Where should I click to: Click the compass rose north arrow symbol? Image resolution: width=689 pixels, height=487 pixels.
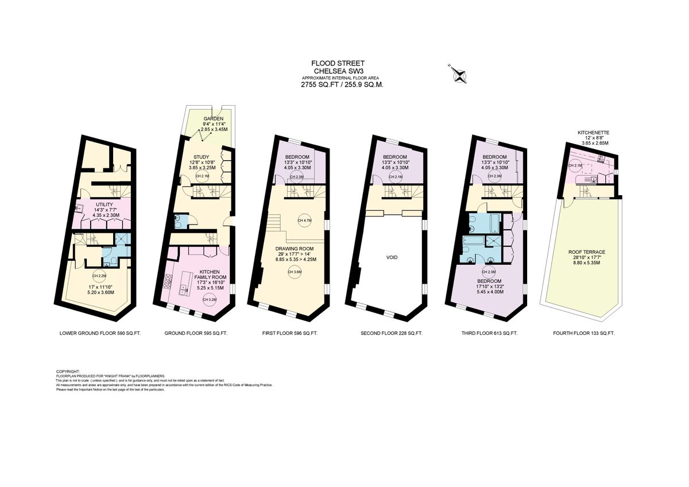[458, 73]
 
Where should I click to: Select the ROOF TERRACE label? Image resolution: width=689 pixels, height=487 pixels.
[586, 252]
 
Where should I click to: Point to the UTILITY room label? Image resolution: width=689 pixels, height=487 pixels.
[104, 204]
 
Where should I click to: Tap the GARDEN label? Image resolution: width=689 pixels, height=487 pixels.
[213, 118]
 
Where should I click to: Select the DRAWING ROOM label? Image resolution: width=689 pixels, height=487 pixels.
[295, 248]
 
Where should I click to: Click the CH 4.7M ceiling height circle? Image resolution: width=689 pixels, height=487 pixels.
[303, 221]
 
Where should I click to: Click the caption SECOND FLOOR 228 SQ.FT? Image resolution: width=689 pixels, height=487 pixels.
[392, 333]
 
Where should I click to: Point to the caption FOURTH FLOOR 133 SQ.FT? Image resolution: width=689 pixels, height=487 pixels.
[583, 333]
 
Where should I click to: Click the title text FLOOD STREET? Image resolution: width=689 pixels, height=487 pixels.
[338, 63]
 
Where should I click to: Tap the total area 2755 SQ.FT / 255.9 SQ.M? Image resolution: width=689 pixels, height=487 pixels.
[342, 84]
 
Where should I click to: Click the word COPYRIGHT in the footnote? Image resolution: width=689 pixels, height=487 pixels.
[68, 372]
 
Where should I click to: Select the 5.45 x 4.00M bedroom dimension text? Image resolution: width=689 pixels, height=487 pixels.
[489, 292]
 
